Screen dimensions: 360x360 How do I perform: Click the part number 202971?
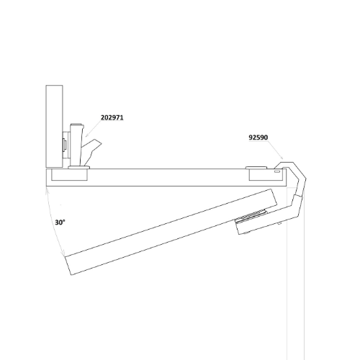(112, 117)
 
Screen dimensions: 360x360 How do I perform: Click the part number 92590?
(258, 138)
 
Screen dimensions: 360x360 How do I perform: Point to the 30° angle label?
(60, 222)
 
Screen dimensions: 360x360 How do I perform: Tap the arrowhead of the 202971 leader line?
(86, 135)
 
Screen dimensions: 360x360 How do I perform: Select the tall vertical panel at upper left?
(54, 127)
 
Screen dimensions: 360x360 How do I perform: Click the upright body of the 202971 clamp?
(76, 145)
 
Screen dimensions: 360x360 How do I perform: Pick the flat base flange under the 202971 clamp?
(79, 167)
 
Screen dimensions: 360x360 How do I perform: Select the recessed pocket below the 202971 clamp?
(70, 174)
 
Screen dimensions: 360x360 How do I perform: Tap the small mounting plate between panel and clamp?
(66, 145)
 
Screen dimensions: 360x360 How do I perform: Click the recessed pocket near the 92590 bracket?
(267, 174)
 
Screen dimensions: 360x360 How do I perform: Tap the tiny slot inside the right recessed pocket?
(277, 171)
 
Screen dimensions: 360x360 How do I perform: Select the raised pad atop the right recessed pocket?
(256, 168)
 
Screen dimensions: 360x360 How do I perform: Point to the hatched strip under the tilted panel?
(251, 215)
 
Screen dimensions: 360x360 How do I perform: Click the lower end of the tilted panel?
(69, 265)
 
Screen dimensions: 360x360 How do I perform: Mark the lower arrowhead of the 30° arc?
(63, 254)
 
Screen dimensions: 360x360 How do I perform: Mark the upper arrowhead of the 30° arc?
(47, 190)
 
